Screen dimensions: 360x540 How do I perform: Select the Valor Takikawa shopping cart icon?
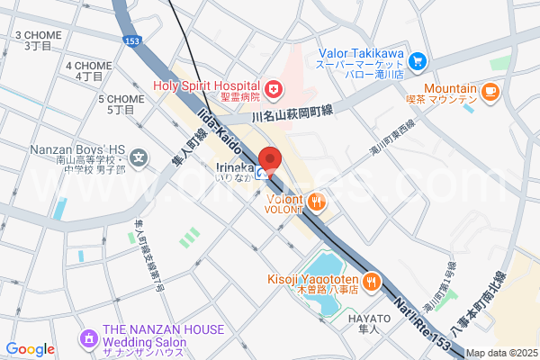pyautogui.click(x=417, y=61)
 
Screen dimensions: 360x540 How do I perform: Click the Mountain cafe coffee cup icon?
pyautogui.click(x=490, y=90)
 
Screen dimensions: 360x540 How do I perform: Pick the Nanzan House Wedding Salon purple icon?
pyautogui.click(x=89, y=337)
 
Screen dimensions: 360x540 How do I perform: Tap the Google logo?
pyautogui.click(x=30, y=349)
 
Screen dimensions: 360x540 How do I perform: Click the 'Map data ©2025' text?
pyautogui.click(x=501, y=353)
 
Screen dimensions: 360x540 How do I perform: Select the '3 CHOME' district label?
pyautogui.click(x=38, y=40)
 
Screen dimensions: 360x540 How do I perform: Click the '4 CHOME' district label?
pyautogui.click(x=89, y=71)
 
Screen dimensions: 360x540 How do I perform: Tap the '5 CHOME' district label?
pyautogui.click(x=121, y=103)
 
